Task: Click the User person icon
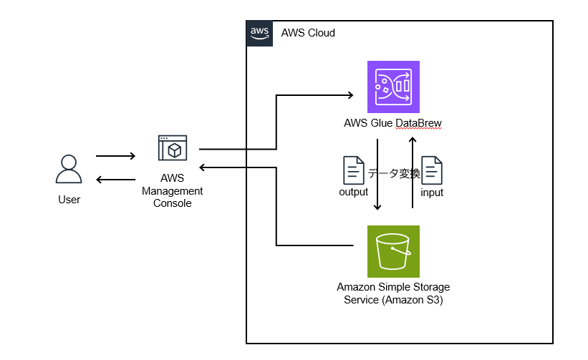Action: pyautogui.click(x=69, y=171)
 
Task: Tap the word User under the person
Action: pyautogui.click(x=69, y=200)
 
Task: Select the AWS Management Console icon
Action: pyautogui.click(x=172, y=148)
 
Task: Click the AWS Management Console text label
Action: pyautogui.click(x=172, y=191)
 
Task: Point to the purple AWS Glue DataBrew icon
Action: pyautogui.click(x=392, y=87)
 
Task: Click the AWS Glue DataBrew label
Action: pyautogui.click(x=392, y=124)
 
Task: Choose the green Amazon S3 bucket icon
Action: pyautogui.click(x=392, y=251)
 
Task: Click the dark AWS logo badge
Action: pyautogui.click(x=259, y=33)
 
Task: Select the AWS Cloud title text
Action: pyautogui.click(x=308, y=34)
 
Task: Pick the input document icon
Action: pyautogui.click(x=431, y=171)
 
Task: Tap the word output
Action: pyautogui.click(x=354, y=192)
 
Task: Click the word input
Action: pyautogui.click(x=432, y=193)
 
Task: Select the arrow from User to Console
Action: pyautogui.click(x=115, y=156)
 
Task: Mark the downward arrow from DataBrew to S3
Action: pyautogui.click(x=377, y=175)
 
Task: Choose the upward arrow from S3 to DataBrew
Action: pyautogui.click(x=413, y=172)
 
